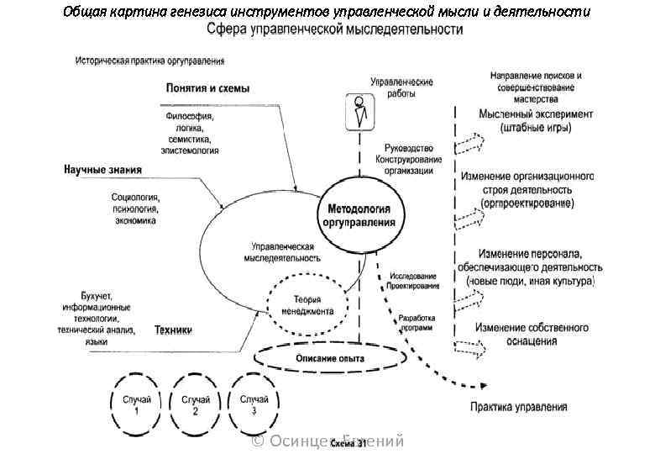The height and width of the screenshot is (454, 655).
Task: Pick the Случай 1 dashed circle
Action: (x=135, y=404)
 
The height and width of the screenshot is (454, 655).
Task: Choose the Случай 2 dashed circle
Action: (x=195, y=404)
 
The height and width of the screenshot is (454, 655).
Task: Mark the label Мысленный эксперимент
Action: (x=536, y=113)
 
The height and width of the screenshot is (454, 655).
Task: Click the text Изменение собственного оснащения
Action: (x=532, y=334)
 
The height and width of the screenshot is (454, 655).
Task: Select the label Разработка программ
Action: (x=417, y=324)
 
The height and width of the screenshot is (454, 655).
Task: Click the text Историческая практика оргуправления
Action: (x=149, y=61)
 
